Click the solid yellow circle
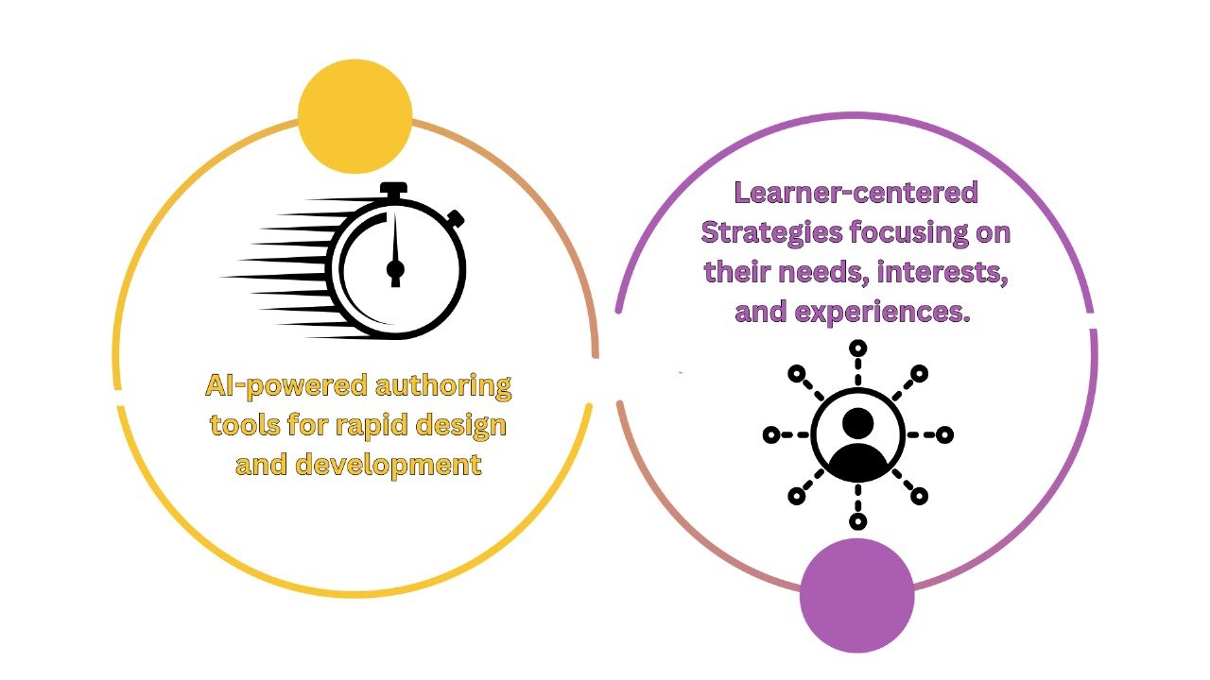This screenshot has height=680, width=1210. pyautogui.click(x=354, y=116)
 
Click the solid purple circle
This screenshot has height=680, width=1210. pyautogui.click(x=856, y=596)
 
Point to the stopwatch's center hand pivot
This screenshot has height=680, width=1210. pyautogui.click(x=395, y=269)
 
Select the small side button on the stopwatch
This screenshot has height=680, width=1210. pyautogui.click(x=456, y=219)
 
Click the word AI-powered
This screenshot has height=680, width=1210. pyautogui.click(x=286, y=386)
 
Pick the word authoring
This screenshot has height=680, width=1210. pyautogui.click(x=443, y=386)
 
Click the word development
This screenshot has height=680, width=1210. pyautogui.click(x=389, y=464)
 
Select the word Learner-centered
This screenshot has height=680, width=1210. pyautogui.click(x=856, y=193)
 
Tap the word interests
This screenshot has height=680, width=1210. pyautogui.click(x=942, y=271)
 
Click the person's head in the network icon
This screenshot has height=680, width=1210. pyautogui.click(x=857, y=422)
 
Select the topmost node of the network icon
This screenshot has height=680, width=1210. pyautogui.click(x=857, y=348)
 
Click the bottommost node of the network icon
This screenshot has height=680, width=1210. pyautogui.click(x=857, y=521)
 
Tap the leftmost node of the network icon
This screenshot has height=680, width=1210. pyautogui.click(x=771, y=435)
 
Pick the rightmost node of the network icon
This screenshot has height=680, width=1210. pyautogui.click(x=944, y=435)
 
